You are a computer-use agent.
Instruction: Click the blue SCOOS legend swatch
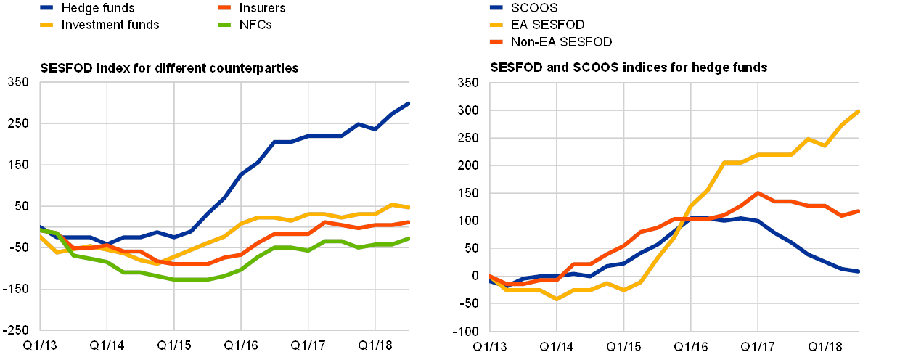click(x=498, y=8)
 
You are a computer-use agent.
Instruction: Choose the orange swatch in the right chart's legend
click(x=498, y=41)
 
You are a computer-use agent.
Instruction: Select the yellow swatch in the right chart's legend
click(x=498, y=25)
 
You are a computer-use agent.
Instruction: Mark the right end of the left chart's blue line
click(x=409, y=103)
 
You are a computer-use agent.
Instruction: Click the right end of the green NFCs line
click(x=409, y=238)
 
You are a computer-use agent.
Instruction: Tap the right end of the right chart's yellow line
click(x=859, y=111)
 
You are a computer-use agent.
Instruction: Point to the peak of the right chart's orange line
click(x=757, y=192)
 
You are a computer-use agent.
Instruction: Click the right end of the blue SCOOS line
click(x=859, y=271)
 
